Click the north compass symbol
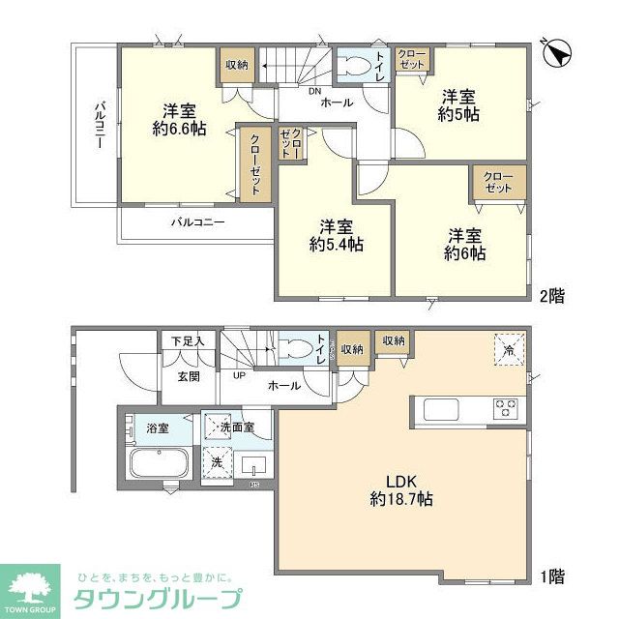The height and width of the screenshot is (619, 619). click(x=558, y=53)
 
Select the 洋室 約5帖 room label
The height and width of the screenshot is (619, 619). click(x=458, y=104)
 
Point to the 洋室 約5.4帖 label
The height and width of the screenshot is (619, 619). click(x=336, y=235)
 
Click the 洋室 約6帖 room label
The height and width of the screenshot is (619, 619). click(x=464, y=243)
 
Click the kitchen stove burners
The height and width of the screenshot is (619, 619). click(x=506, y=407)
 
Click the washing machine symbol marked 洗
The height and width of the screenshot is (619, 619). click(x=219, y=462)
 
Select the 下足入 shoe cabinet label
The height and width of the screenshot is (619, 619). click(x=188, y=340)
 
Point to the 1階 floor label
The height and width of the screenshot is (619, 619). click(x=551, y=576)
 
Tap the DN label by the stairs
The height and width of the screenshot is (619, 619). click(x=314, y=92)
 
